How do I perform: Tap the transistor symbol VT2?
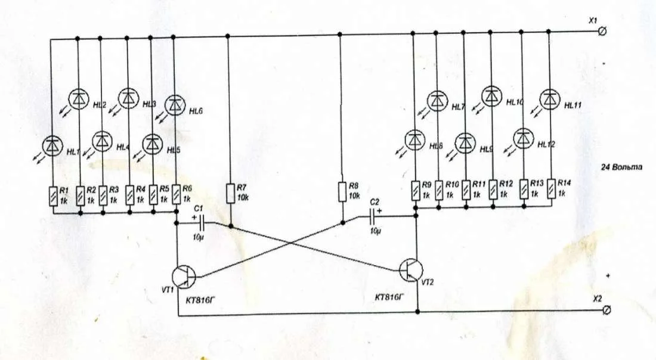[x=411, y=269]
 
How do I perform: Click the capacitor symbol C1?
[x=200, y=222]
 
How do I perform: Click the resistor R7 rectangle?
[x=231, y=193]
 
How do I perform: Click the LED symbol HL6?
[x=175, y=105]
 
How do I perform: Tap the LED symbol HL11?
[x=549, y=98]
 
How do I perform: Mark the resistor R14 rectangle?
[x=552, y=188]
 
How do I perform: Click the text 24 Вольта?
[x=621, y=167]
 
